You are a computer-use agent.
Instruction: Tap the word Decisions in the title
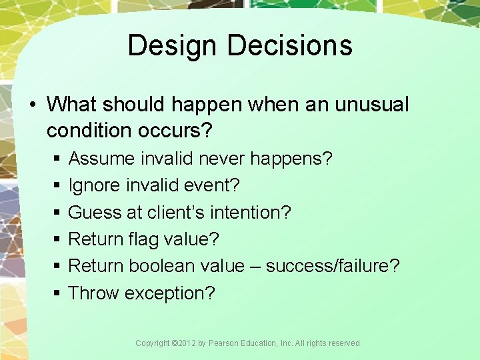coord(289,46)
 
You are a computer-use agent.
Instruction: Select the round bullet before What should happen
coord(34,105)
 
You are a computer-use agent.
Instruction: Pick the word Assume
coord(103,159)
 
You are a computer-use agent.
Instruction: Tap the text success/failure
coord(333,265)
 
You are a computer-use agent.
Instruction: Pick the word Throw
coord(93,293)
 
